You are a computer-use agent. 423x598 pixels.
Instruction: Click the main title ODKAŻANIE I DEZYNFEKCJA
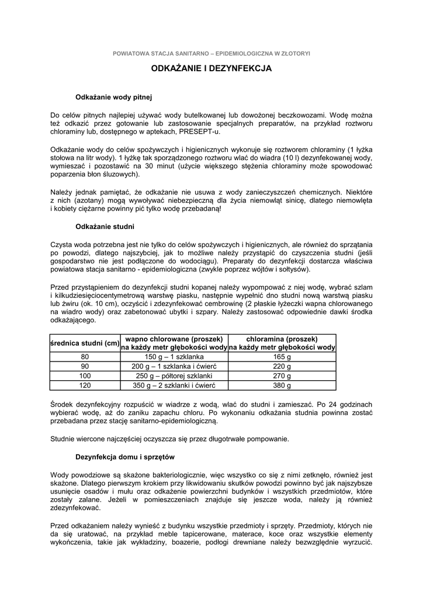click(x=211, y=68)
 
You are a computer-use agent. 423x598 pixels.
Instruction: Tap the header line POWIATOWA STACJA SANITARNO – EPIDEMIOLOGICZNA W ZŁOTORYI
click(x=211, y=53)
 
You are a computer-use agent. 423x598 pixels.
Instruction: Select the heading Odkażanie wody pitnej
click(x=115, y=96)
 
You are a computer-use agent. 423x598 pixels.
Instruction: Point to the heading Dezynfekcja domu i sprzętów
click(x=125, y=456)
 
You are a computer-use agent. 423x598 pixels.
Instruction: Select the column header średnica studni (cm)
click(x=85, y=343)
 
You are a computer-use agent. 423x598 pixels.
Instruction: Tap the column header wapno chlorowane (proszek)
click(x=174, y=339)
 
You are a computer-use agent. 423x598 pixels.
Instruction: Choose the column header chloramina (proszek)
click(x=282, y=339)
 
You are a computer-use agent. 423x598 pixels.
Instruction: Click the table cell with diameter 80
click(x=85, y=356)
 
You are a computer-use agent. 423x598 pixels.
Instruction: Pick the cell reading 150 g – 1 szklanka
click(x=174, y=356)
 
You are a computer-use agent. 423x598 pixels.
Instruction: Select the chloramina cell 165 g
click(x=282, y=356)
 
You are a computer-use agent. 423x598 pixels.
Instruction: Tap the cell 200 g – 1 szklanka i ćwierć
click(x=174, y=366)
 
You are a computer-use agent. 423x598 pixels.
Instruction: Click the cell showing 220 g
click(x=282, y=366)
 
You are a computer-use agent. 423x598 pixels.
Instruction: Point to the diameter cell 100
click(x=85, y=376)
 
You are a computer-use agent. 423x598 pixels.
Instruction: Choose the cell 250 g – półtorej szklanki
click(x=174, y=376)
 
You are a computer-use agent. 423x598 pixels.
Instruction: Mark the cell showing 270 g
click(x=282, y=376)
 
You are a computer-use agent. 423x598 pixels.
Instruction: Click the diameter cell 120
click(x=85, y=386)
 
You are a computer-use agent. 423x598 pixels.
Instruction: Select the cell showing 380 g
click(x=282, y=386)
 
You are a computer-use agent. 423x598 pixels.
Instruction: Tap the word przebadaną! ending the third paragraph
click(x=200, y=208)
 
